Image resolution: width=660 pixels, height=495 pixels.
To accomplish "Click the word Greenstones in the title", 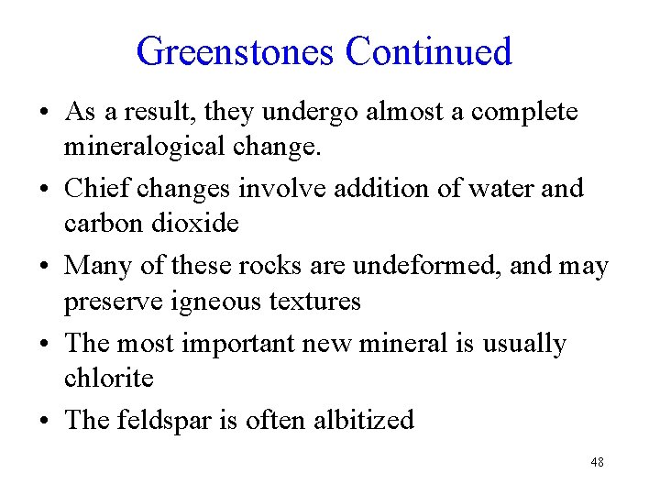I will [236, 51].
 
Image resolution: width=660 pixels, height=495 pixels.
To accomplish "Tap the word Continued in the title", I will [428, 51].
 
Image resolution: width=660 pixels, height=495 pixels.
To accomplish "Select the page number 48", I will [597, 463].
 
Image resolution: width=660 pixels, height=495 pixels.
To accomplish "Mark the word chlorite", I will [108, 378].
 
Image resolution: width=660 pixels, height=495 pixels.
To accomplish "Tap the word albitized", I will [363, 420].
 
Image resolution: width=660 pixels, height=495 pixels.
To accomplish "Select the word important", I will [236, 344].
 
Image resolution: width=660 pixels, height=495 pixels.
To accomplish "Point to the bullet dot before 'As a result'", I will [44, 114].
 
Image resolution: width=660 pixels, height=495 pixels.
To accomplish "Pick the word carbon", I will [99, 224].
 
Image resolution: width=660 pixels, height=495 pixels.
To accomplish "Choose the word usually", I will [523, 345].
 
